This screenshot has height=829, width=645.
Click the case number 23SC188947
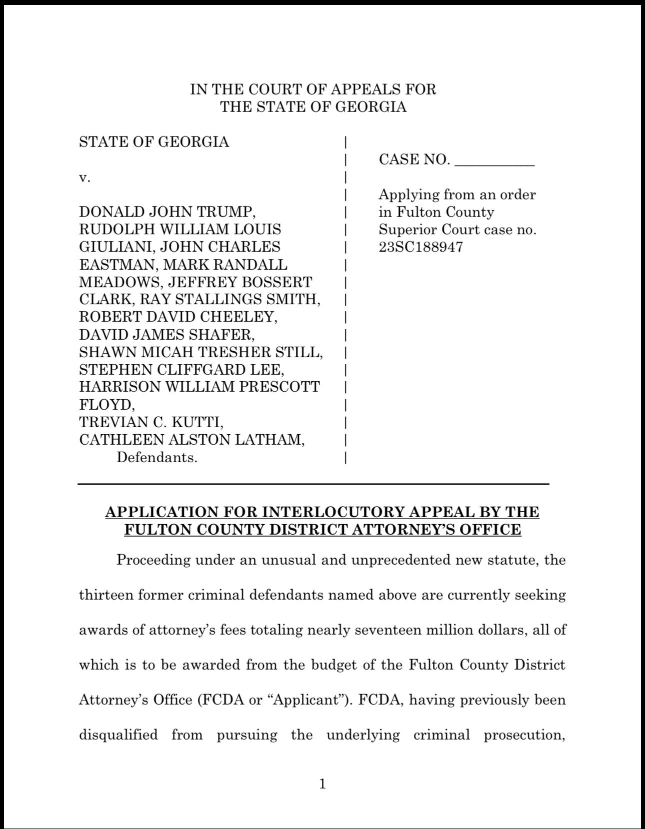[420, 247]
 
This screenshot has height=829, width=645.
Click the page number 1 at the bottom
[322, 784]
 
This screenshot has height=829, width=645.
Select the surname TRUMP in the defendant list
[227, 212]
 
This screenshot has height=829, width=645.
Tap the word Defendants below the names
[156, 457]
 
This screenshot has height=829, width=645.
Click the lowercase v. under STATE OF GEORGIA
[85, 177]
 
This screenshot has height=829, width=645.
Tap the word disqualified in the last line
[118, 735]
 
